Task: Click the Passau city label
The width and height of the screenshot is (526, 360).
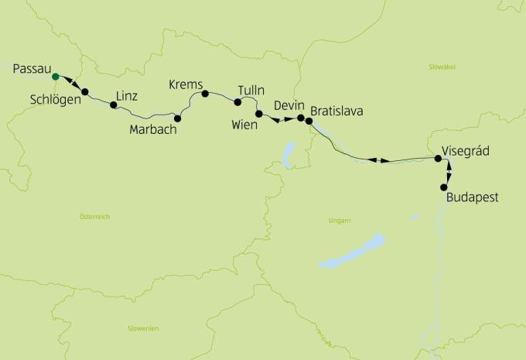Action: pyautogui.click(x=32, y=67)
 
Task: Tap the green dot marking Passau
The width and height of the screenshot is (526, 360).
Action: pyautogui.click(x=55, y=77)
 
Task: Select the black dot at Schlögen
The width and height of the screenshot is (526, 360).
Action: pyautogui.click(x=85, y=92)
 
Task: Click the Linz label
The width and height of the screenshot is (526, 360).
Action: pyautogui.click(x=127, y=96)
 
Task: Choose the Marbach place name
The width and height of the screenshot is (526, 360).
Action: pyautogui.click(x=153, y=130)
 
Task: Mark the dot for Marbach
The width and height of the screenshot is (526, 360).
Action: pyautogui.click(x=178, y=118)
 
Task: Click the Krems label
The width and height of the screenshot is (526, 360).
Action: pyautogui.click(x=185, y=84)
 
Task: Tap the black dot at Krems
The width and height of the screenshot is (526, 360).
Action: pyautogui.click(x=205, y=94)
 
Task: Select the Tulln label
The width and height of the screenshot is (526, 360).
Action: pyautogui.click(x=251, y=91)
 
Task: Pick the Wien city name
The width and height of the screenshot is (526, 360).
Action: pyautogui.click(x=245, y=124)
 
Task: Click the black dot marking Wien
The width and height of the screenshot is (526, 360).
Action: pyautogui.click(x=259, y=114)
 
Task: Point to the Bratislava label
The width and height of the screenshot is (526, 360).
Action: pyautogui.click(x=336, y=111)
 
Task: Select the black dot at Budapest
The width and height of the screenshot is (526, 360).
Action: pyautogui.click(x=444, y=187)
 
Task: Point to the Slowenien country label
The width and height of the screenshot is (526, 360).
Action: pyautogui.click(x=143, y=329)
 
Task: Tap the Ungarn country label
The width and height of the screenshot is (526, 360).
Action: pyautogui.click(x=339, y=221)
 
